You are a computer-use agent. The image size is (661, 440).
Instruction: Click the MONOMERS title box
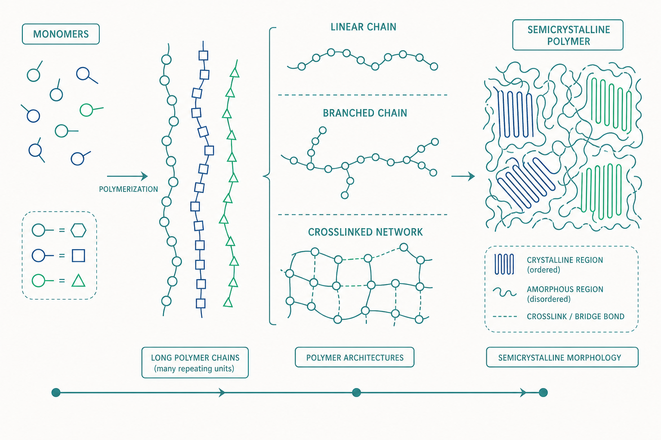pos(61,34)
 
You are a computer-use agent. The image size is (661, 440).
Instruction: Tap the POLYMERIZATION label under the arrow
pos(128,189)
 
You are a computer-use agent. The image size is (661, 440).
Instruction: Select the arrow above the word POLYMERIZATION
pos(127,176)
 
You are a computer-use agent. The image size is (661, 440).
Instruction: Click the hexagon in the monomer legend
pos(78,230)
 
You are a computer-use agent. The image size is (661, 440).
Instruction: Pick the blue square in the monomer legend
pos(78,256)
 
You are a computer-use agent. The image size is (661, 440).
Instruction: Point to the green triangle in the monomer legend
pos(78,281)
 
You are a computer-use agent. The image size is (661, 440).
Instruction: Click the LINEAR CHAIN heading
pos(363,27)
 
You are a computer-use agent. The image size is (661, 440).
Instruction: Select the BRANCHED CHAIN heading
pos(365,113)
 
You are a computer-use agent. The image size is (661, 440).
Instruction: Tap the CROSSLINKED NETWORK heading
pos(365,232)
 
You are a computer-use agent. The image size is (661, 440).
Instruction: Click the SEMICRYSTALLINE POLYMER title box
pos(568,35)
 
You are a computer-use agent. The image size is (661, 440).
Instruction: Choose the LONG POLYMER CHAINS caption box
pos(195,363)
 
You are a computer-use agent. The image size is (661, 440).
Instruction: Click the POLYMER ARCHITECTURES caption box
pos(355,357)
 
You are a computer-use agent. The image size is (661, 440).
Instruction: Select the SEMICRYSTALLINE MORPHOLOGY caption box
pos(562,357)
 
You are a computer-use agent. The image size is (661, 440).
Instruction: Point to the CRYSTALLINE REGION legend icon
pos(504,264)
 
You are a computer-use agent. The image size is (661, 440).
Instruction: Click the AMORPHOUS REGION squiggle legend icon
pos(505,292)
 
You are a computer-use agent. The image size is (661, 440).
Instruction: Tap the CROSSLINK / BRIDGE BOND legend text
pos(575,317)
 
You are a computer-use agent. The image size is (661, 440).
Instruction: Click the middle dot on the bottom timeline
pos(356,393)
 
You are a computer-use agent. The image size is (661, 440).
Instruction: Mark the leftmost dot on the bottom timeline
pos(56,393)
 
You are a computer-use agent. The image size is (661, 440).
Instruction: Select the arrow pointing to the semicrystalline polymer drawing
pos(463,176)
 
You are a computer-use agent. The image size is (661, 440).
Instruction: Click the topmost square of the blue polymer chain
pos(203,55)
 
